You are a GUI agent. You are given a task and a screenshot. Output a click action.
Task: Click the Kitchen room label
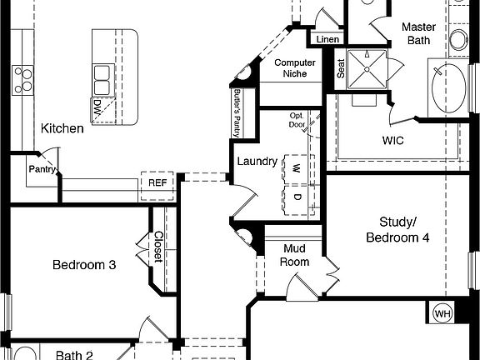62,128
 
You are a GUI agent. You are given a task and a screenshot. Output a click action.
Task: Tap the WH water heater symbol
442,313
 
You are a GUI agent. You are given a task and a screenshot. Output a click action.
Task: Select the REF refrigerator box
157,182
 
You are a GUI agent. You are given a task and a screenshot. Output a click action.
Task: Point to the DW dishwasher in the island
99,107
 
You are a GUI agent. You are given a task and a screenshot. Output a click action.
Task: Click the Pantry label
42,169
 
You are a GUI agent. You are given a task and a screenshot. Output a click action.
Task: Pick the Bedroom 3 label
84,265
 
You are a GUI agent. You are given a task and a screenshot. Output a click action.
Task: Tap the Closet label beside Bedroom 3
157,247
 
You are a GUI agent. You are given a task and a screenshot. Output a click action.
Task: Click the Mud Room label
296,255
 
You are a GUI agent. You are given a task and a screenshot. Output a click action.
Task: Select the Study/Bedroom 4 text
398,230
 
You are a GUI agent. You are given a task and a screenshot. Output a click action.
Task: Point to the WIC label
392,141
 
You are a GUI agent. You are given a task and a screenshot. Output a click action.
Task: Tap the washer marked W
295,167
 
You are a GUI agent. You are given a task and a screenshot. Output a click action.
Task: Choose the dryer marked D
295,197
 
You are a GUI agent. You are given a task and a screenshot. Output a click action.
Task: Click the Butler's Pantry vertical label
237,112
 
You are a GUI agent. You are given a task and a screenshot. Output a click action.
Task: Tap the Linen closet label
327,39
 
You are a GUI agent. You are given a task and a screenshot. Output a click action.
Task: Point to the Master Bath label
418,33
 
